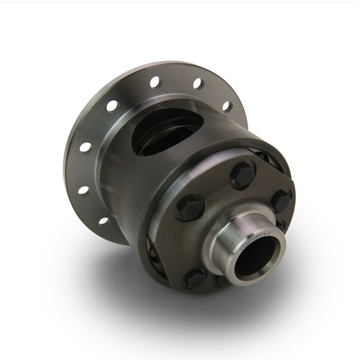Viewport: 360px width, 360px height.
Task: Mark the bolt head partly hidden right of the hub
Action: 281,225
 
